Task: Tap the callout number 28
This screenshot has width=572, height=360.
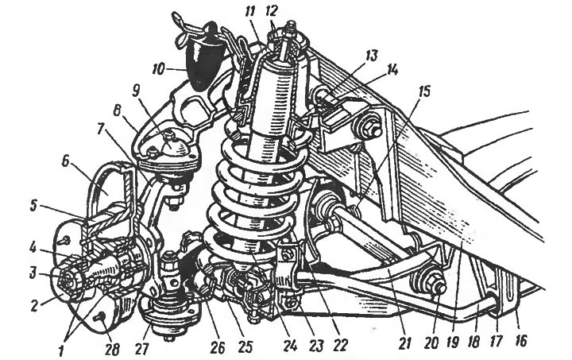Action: [x=112, y=350]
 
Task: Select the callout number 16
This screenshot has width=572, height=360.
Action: [x=520, y=340]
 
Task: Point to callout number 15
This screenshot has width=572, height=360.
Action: [x=423, y=91]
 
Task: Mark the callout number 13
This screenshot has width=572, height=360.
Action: [x=370, y=56]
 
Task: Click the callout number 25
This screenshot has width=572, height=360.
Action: [x=245, y=346]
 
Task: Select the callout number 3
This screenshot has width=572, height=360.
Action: [x=33, y=273]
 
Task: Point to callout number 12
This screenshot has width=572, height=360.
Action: [x=272, y=11]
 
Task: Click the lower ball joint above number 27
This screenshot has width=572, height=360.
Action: [x=169, y=308]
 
